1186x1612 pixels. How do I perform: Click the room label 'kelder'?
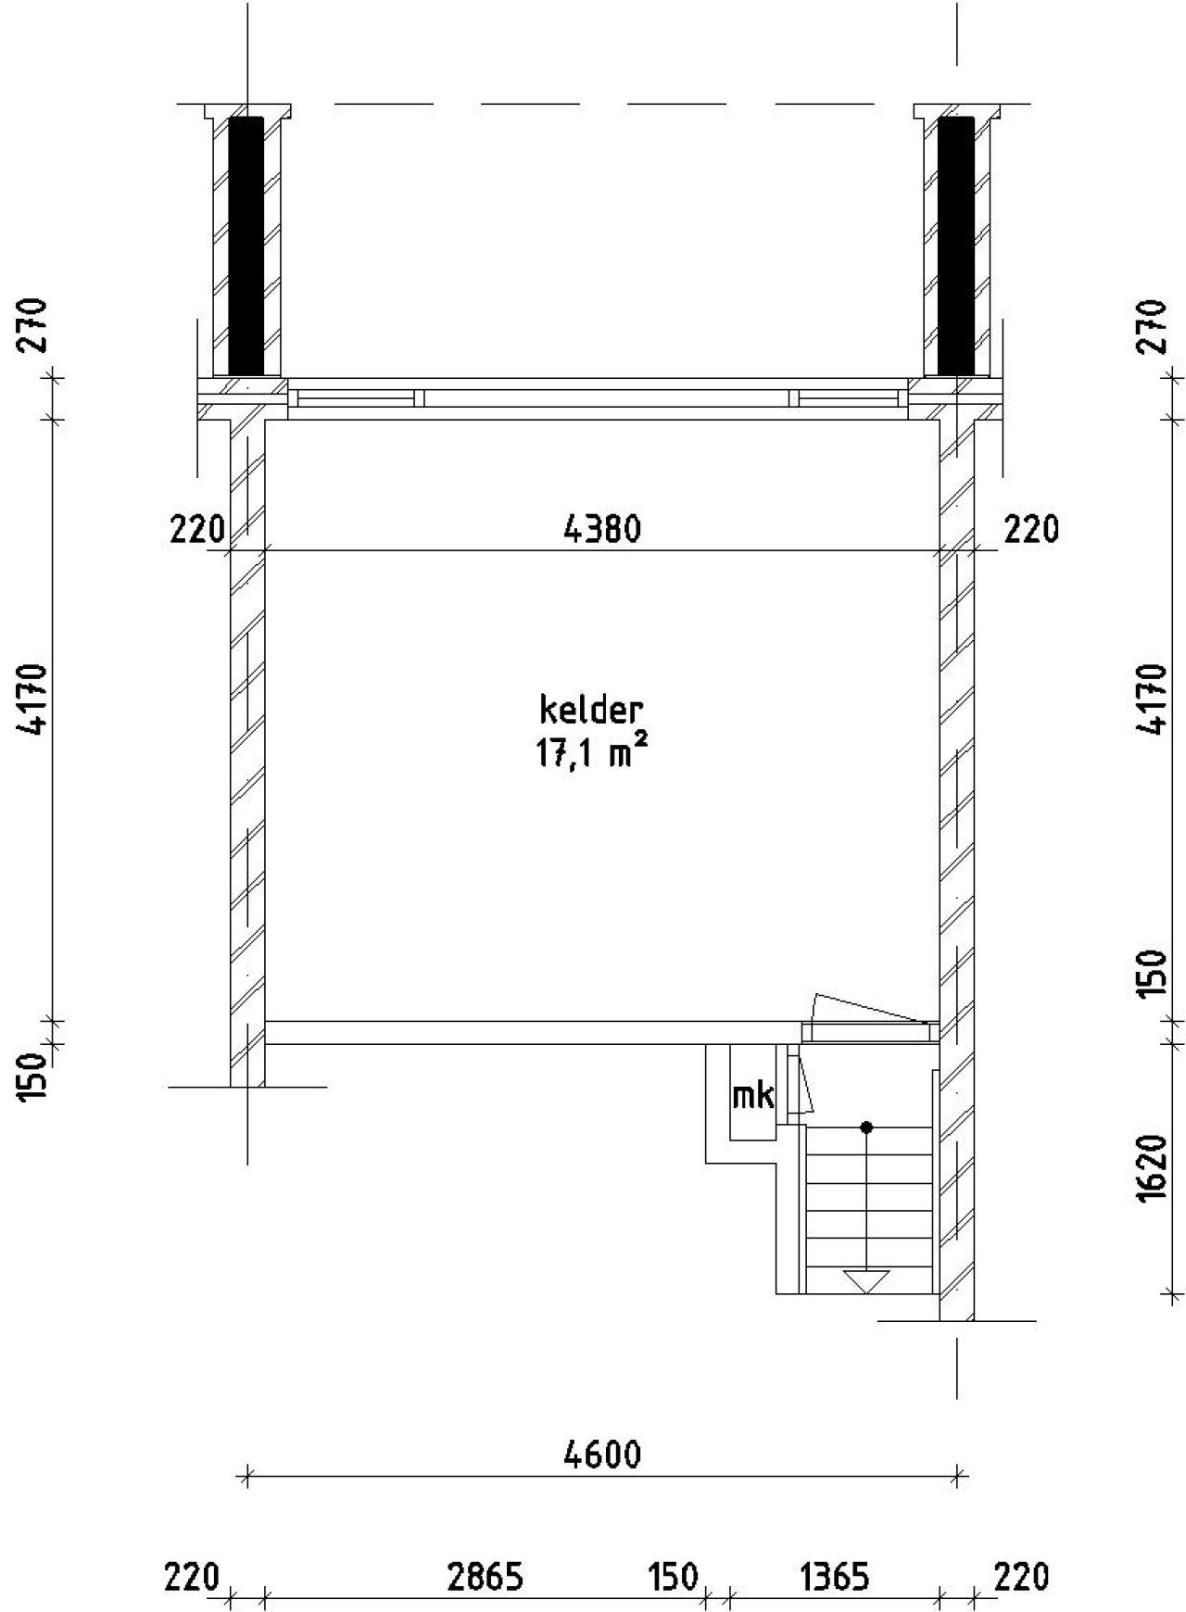[x=591, y=711]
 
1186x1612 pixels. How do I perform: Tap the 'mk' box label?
[x=752, y=1096]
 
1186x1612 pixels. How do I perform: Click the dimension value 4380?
[x=602, y=530]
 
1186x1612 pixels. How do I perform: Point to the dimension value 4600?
[x=602, y=1455]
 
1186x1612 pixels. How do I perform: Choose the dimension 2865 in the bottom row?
[x=485, y=1577]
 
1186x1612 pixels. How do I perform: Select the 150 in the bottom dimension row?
[x=672, y=1577]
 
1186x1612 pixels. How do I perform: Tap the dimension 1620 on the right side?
[x=1152, y=1168]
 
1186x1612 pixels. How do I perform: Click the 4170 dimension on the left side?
[x=35, y=699]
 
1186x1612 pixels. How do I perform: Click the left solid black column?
[x=246, y=246]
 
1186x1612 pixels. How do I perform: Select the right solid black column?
[x=956, y=246]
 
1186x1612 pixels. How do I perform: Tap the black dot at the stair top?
[x=866, y=1127]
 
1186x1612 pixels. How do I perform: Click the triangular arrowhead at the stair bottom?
[x=866, y=1282]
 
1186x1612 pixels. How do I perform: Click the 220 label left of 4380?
[x=197, y=530]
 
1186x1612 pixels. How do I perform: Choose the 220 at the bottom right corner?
[x=1021, y=1577]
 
